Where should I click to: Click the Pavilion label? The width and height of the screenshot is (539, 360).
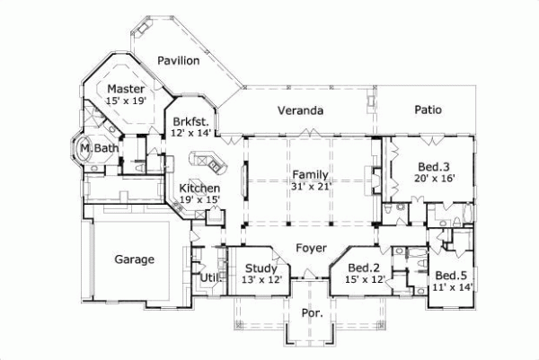[178, 60]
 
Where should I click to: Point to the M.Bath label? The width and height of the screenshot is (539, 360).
[93, 147]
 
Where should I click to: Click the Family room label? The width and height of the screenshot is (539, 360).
[309, 174]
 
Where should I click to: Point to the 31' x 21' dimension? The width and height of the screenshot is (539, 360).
[309, 187]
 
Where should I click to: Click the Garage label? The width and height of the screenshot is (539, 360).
[135, 259]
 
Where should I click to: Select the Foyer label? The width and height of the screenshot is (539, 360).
[310, 248]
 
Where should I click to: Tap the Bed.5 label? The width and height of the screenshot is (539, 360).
[451, 275]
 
